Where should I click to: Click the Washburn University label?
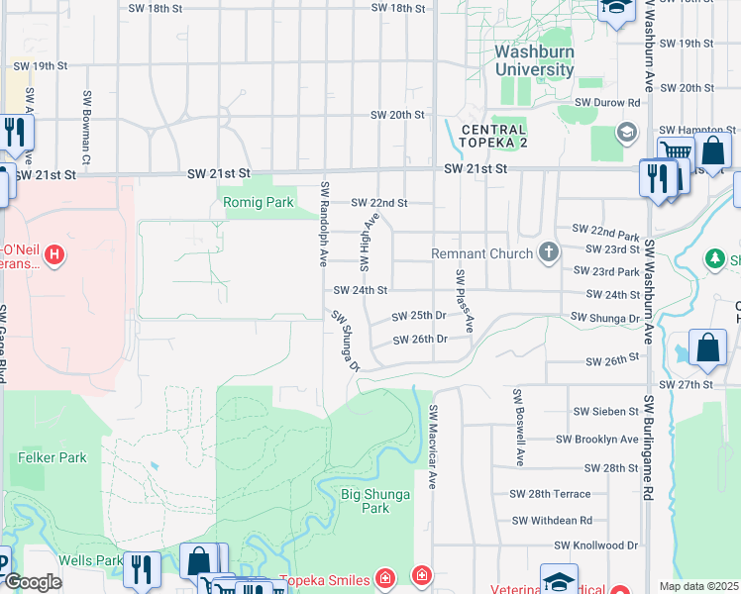534,60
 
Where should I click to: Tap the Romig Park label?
256,203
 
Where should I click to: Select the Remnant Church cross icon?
549,253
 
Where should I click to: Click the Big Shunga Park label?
366,500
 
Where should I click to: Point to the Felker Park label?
53,457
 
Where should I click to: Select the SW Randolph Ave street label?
324,224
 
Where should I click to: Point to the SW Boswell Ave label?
517,428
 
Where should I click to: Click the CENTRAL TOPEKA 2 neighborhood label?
492,137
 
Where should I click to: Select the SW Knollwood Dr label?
596,545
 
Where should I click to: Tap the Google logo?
33,582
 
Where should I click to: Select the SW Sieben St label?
606,411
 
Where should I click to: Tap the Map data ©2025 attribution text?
698,586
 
